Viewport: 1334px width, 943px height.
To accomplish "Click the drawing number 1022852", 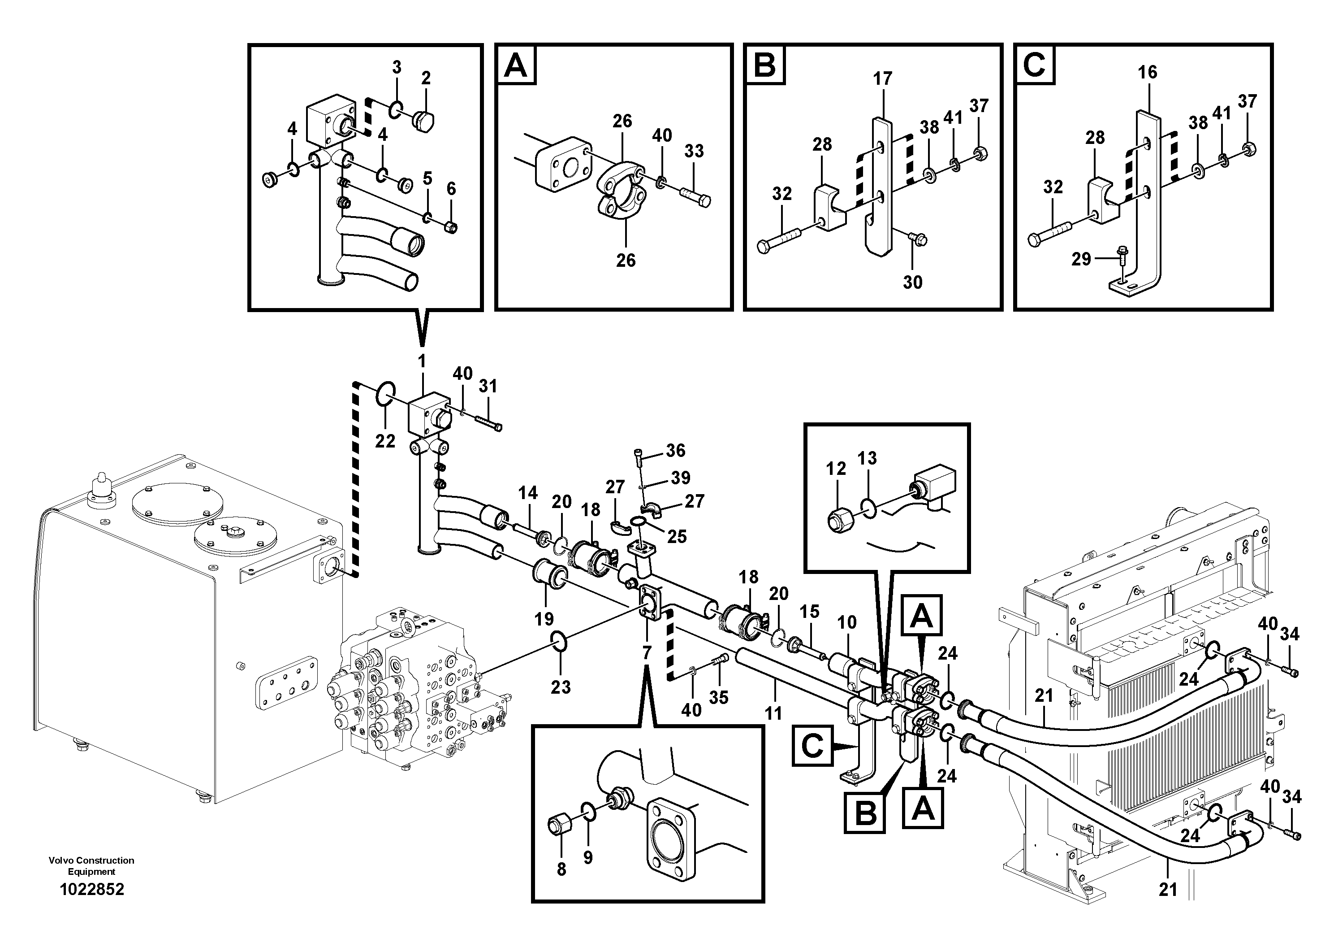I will [x=92, y=890].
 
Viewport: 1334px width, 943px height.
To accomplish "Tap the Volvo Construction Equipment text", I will [x=92, y=866].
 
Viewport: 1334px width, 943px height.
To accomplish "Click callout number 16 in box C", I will [x=1148, y=73].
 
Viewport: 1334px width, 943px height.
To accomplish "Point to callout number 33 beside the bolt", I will [x=694, y=151].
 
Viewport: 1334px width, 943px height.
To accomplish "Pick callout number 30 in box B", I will [x=912, y=282].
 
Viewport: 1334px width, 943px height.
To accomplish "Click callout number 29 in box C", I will [x=1081, y=259].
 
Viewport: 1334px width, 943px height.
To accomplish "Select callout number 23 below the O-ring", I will [x=561, y=687].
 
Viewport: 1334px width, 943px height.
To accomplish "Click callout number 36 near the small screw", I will [x=676, y=450].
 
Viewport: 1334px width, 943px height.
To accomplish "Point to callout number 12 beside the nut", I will [x=836, y=469].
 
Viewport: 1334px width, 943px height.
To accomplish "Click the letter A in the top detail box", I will [x=516, y=65].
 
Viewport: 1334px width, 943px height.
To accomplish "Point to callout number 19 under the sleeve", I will [x=544, y=619].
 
